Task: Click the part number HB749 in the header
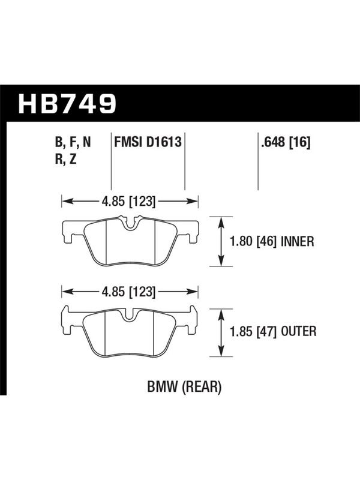[x=67, y=103]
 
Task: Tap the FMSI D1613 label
[x=148, y=142]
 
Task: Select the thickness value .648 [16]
[x=286, y=142]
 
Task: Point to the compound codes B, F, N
[x=73, y=143]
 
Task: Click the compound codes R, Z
[x=65, y=160]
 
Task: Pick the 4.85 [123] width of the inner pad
[x=128, y=202]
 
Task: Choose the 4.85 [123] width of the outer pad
[x=128, y=292]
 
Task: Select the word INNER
[x=297, y=242]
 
